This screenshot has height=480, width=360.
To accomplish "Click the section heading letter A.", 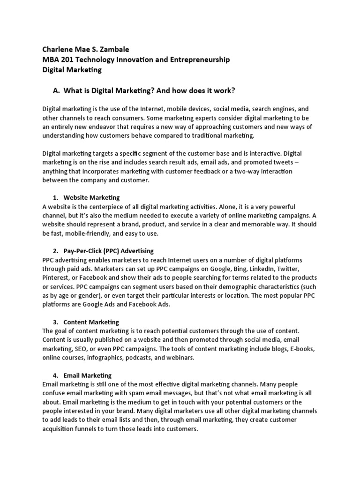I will [x=59, y=90].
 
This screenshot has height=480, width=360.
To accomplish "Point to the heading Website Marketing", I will [x=92, y=197].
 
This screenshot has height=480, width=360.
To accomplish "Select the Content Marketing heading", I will [x=91, y=322].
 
